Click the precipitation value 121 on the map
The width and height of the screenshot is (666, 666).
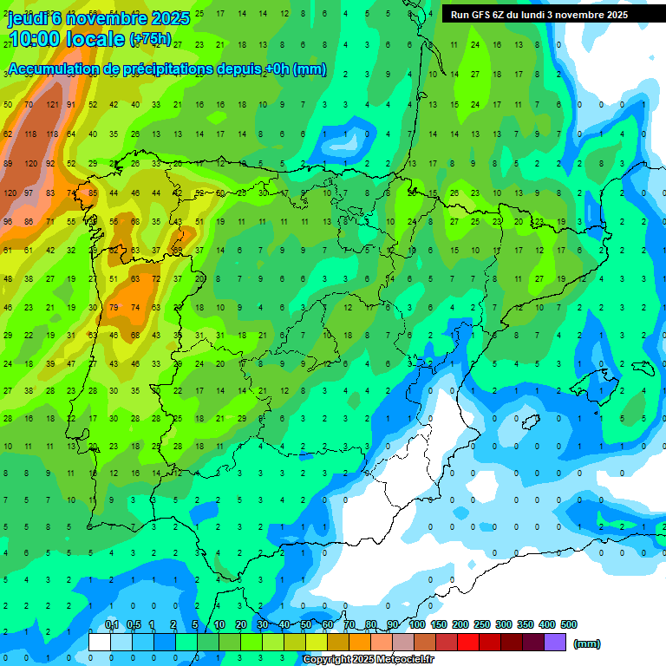52,105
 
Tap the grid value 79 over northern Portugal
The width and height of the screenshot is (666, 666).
114,307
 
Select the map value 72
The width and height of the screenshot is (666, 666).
156,279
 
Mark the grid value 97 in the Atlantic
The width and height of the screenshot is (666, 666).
30,193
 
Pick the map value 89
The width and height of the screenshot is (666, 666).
9,163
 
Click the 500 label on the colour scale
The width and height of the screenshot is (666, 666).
569,624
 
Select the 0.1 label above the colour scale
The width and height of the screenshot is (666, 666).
112,624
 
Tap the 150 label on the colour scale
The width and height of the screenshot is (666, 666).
439,624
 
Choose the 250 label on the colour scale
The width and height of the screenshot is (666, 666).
482,624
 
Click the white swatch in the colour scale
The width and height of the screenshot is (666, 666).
100,642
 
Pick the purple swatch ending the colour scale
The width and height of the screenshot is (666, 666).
555,642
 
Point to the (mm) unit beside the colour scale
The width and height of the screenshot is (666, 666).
587,643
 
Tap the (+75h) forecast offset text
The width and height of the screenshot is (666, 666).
150,40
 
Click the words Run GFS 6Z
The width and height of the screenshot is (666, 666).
480,15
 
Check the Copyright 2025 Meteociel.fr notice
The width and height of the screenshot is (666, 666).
368,660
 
